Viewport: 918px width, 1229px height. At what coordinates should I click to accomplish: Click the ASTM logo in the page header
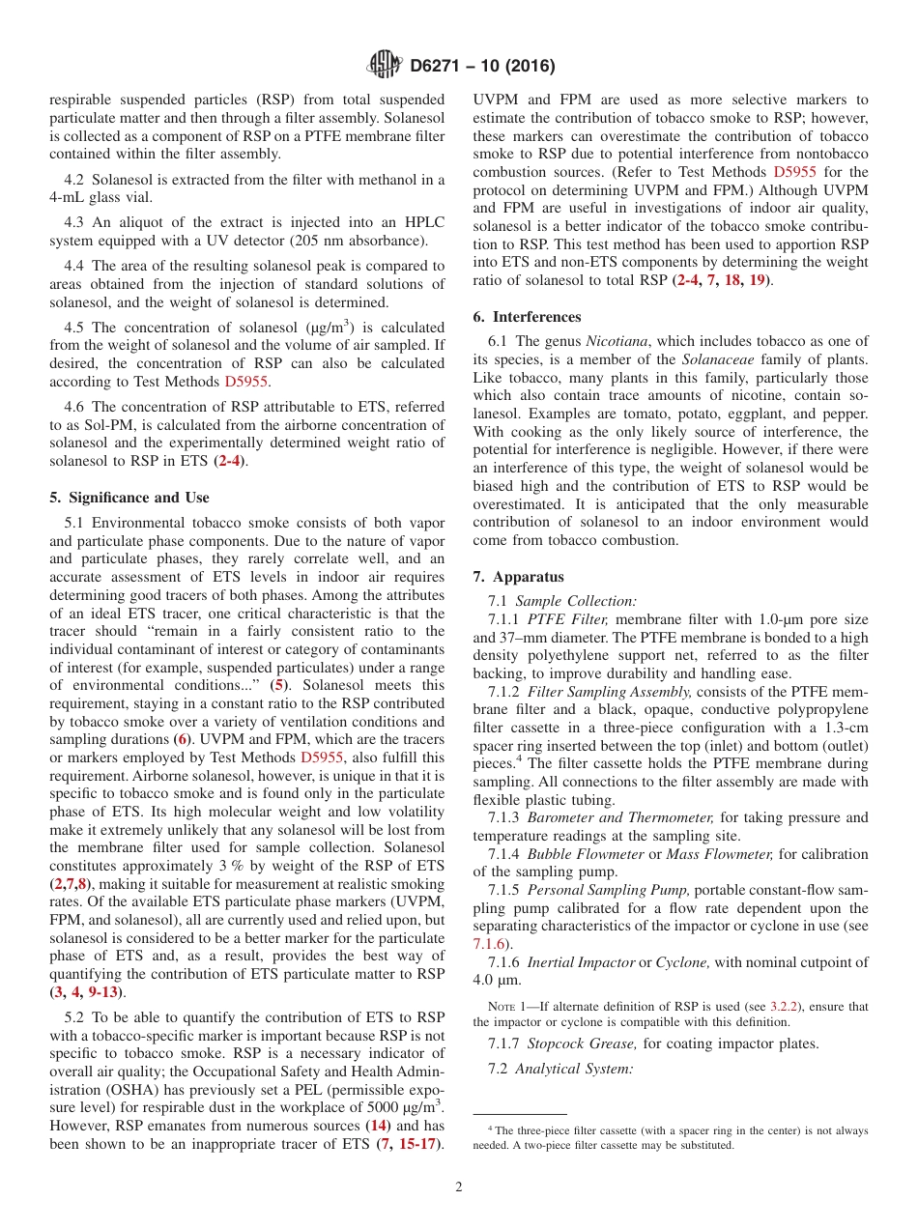384,66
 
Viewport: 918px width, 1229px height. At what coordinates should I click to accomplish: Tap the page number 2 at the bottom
459,1187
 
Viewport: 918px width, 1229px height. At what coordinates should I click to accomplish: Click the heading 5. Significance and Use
129,498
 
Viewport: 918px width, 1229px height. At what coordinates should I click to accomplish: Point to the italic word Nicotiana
617,341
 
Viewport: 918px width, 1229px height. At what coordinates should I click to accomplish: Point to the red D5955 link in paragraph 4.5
246,382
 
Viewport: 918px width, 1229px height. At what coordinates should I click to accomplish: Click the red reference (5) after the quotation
277,685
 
